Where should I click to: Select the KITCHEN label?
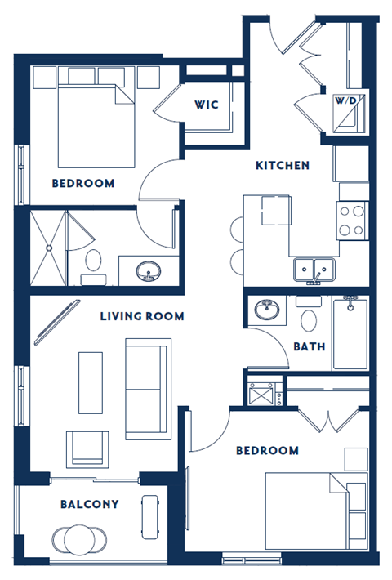283,166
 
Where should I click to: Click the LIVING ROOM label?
142,316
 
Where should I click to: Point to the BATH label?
309,346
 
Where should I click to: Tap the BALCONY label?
89,504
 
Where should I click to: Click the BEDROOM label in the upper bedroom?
82,183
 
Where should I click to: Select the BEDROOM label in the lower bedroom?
267,450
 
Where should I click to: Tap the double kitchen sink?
314,269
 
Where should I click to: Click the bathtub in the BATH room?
350,333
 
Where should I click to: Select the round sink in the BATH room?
265,310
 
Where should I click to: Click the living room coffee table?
91,381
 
